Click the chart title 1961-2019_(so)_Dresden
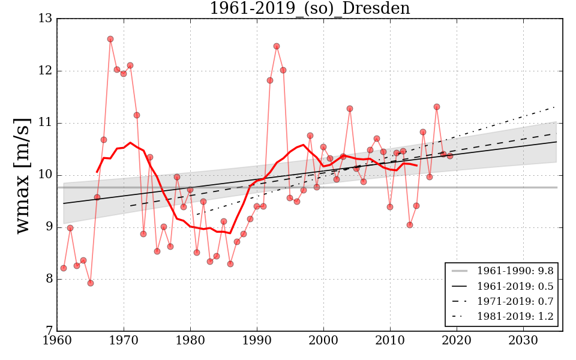pyautogui.click(x=310, y=9)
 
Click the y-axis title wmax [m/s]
pyautogui.click(x=22, y=175)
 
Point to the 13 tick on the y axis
pyautogui.click(x=44, y=19)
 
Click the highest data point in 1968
pyautogui.click(x=110, y=39)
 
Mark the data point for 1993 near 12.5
pyautogui.click(x=277, y=46)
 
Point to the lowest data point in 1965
pyautogui.click(x=91, y=283)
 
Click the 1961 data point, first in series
pyautogui.click(x=64, y=268)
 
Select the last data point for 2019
pyautogui.click(x=450, y=156)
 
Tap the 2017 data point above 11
pyautogui.click(x=437, y=107)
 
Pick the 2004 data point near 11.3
pyautogui.click(x=350, y=109)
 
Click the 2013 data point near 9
pyautogui.click(x=410, y=225)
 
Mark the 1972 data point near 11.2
pyautogui.click(x=137, y=115)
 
